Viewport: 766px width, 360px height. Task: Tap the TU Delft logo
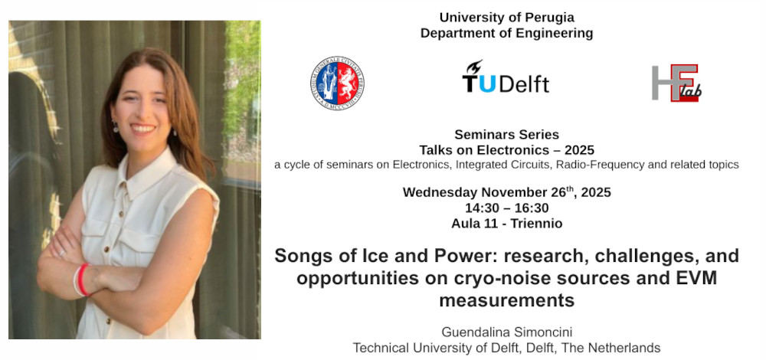coord(506,77)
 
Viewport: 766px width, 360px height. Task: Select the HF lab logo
coord(676,83)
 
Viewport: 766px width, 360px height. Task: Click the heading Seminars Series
coord(506,135)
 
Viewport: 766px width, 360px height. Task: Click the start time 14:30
coord(482,208)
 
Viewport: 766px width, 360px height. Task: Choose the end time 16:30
coord(531,208)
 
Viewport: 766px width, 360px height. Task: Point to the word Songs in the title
coord(301,255)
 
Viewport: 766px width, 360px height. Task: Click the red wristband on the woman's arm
coord(81,279)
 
